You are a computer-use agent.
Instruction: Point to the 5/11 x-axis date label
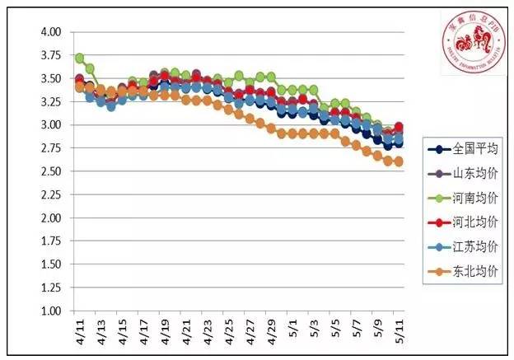coord(399,331)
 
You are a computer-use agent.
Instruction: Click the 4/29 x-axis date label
coord(271,331)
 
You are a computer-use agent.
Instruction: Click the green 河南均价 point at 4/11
coord(80,58)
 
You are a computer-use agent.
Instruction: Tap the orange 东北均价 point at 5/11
coord(399,161)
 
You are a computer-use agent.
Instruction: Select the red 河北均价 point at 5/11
coord(399,127)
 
